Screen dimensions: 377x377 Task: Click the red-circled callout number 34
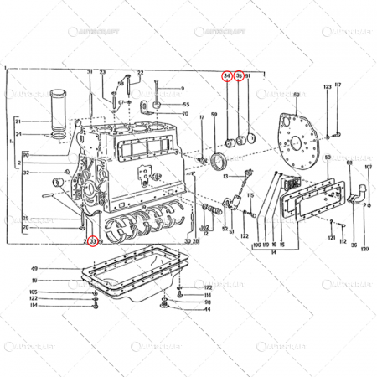227,76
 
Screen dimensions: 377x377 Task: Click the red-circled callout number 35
239,76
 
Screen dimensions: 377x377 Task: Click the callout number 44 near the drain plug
207,309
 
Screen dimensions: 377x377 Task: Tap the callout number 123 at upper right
327,86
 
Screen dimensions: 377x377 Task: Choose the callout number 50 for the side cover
326,157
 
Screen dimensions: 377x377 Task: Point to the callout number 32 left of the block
27,173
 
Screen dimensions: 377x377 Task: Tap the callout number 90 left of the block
27,155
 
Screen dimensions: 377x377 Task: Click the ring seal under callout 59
222,160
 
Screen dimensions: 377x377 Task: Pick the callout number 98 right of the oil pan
207,302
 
